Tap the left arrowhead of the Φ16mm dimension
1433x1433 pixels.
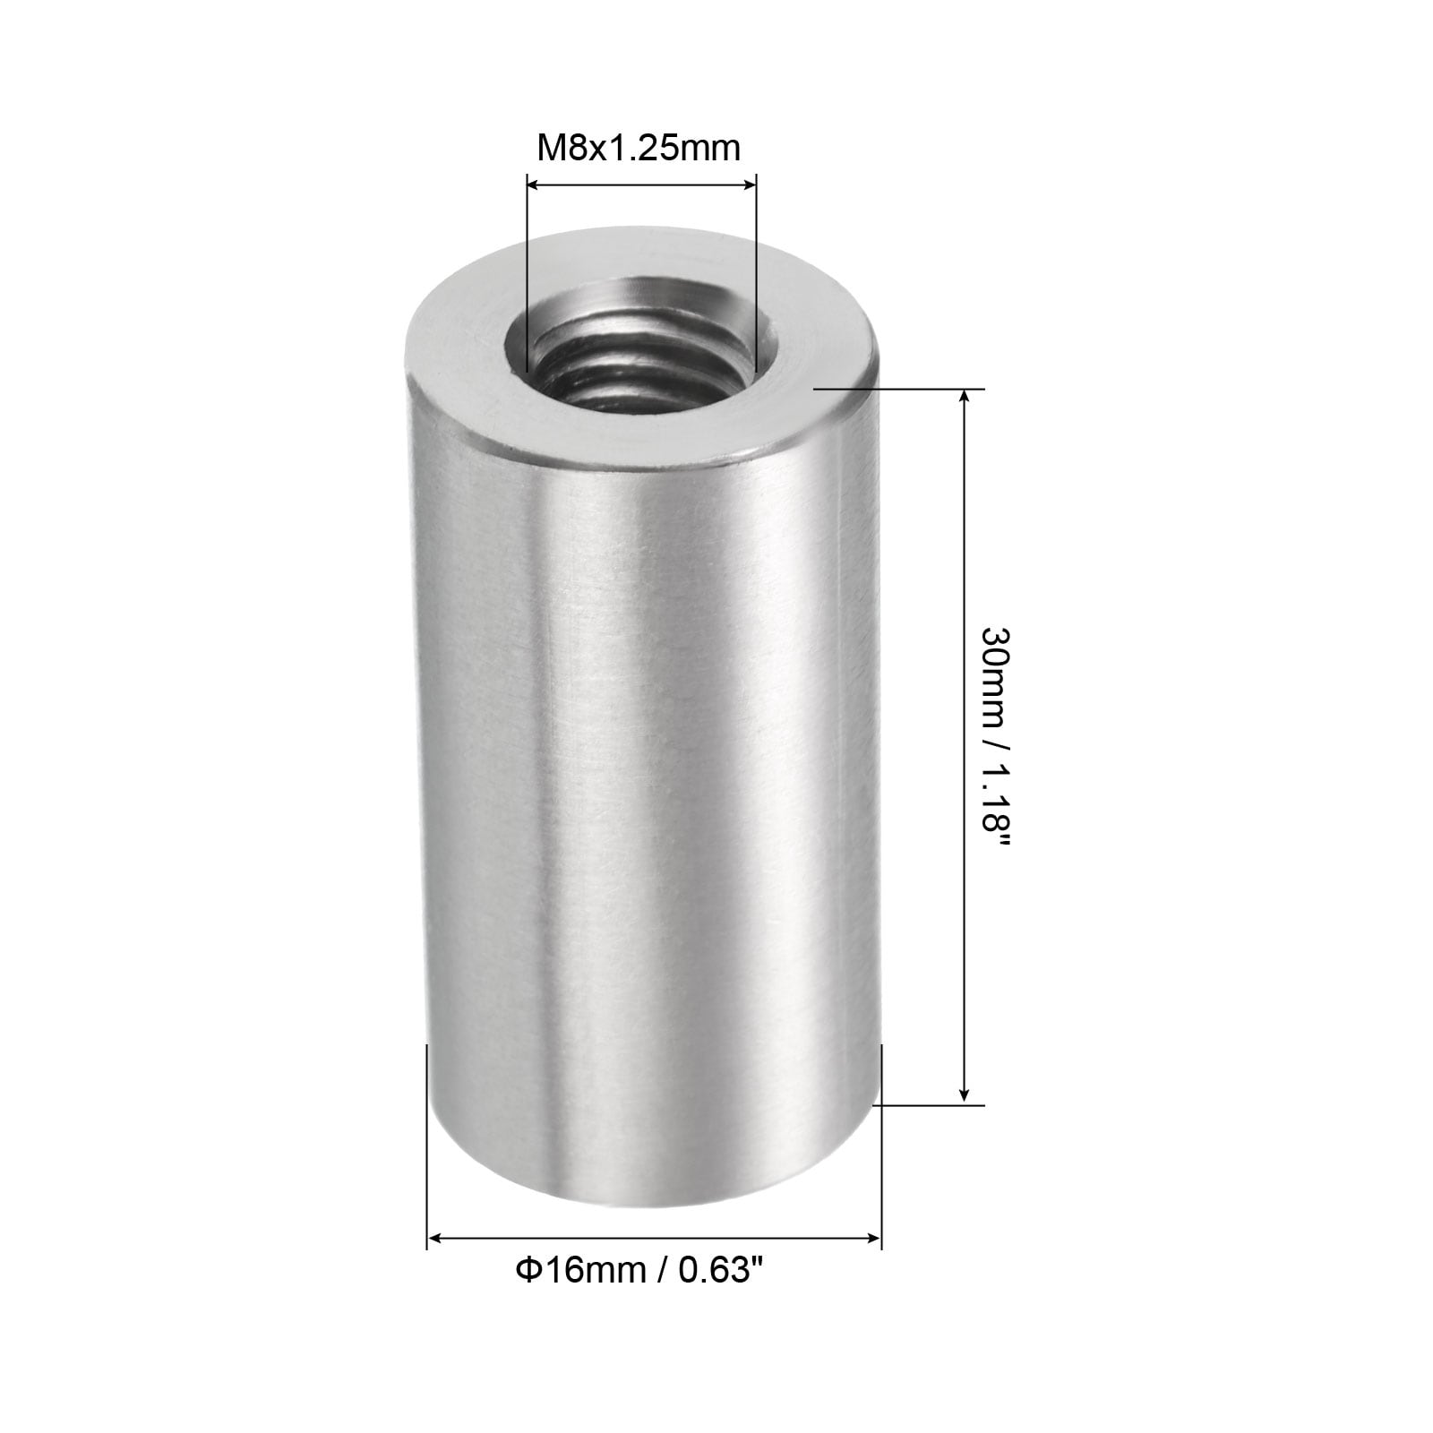(434, 1240)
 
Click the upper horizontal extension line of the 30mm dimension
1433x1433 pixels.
(896, 390)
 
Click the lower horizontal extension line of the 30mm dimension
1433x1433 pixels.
(931, 1104)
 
